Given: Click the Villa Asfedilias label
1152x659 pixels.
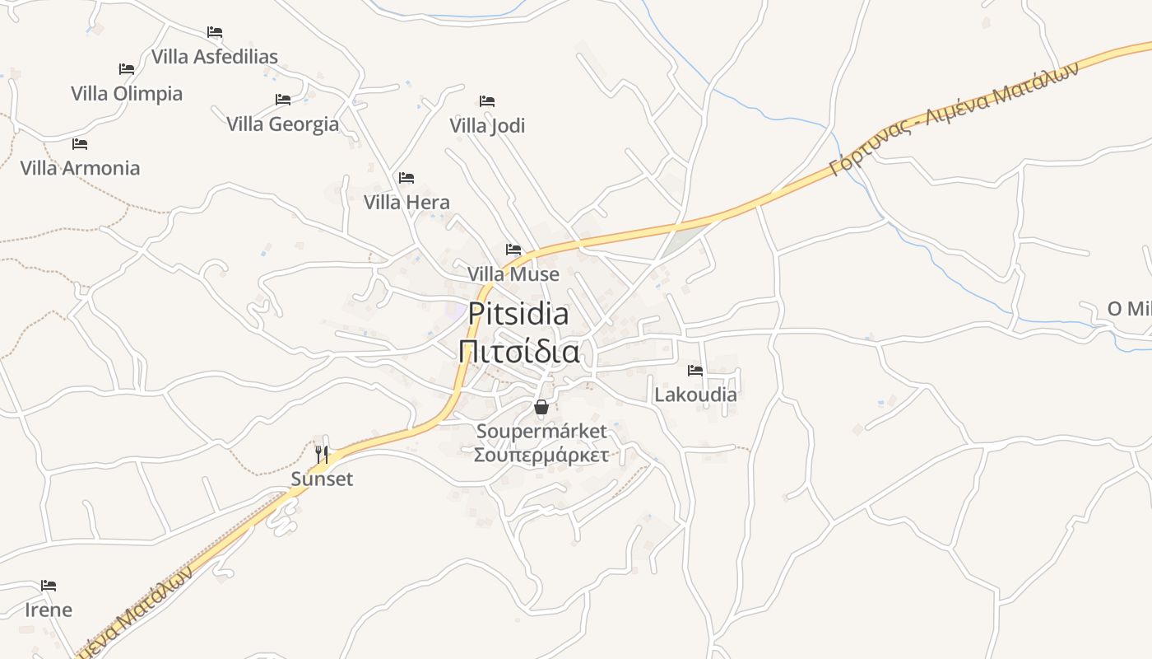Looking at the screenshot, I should click(215, 56).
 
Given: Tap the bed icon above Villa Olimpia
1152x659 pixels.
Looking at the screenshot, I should click(127, 69).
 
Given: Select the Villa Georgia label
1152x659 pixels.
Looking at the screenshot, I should click(282, 124).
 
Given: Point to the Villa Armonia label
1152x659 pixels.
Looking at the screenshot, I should click(80, 168).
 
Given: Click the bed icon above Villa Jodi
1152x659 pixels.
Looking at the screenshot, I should click(487, 101).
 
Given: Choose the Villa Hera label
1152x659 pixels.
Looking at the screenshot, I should click(406, 202).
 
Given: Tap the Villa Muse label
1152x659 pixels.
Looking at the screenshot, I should click(513, 273).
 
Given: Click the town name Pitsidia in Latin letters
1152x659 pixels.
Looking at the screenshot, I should click(518, 314).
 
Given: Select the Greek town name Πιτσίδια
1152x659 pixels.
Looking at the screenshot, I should click(518, 352).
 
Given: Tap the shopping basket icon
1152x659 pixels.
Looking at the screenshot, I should click(541, 407).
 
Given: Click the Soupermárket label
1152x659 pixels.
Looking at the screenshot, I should click(541, 431).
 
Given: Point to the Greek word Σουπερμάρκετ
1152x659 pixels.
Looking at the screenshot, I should click(541, 454).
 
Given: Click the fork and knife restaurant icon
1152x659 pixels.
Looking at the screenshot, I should click(322, 454).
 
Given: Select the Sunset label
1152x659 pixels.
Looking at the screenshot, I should click(322, 479).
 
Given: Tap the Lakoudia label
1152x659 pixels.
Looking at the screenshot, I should click(695, 395).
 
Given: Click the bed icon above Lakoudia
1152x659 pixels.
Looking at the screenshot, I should click(695, 371).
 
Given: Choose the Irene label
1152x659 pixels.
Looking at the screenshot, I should click(49, 610).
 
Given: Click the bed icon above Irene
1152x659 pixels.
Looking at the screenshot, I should click(49, 586).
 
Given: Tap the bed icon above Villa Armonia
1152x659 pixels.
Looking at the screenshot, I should click(80, 144).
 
